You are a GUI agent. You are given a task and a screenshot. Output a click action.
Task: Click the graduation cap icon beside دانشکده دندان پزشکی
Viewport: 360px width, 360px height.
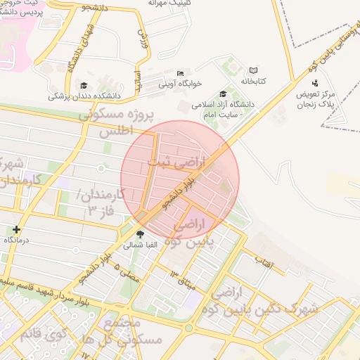coord(93,86)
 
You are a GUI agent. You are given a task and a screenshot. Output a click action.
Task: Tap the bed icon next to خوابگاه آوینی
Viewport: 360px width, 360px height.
coord(181,73)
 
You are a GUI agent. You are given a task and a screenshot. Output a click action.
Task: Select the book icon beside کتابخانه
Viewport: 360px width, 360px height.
coord(253,71)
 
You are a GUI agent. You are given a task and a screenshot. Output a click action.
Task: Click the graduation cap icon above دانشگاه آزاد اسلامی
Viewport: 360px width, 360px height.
coord(224,94)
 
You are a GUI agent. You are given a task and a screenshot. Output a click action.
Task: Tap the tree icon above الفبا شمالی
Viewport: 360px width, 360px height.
coord(141,234)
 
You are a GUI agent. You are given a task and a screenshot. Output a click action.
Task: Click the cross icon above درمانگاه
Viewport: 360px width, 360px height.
coord(17,229)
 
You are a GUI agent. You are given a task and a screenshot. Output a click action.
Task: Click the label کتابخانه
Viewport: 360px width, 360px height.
coord(254,82)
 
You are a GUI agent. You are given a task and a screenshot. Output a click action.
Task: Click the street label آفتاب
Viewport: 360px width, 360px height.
coord(264,262)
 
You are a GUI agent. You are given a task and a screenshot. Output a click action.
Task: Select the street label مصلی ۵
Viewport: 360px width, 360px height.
coord(129,271)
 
